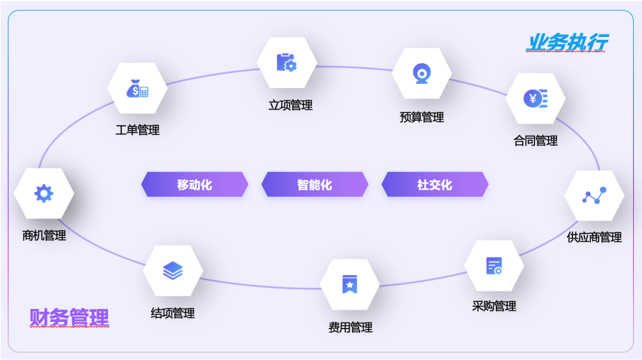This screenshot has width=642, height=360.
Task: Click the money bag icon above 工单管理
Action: (x=137, y=89)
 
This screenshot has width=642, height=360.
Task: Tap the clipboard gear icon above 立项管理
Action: (x=287, y=62)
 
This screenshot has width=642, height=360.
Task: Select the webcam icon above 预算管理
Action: (x=422, y=73)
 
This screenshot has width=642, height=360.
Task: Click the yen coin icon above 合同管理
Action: (x=535, y=99)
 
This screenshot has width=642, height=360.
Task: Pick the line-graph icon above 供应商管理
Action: (x=594, y=195)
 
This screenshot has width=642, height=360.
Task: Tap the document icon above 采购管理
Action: (x=494, y=266)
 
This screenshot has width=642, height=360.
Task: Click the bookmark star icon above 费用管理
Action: (x=350, y=285)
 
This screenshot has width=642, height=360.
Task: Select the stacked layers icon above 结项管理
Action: (x=173, y=271)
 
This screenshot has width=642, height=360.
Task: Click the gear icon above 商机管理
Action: (x=44, y=194)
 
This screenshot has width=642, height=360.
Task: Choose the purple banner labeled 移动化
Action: (x=194, y=185)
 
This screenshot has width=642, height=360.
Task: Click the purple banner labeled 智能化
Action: (x=314, y=185)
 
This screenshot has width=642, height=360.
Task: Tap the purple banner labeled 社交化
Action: (x=435, y=185)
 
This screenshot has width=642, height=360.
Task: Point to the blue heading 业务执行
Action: (x=567, y=43)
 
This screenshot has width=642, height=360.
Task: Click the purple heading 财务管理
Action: (x=69, y=318)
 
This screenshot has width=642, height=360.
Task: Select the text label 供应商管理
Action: (x=594, y=238)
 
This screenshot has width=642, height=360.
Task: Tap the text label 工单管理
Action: (x=137, y=130)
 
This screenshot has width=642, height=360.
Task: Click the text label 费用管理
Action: (x=350, y=327)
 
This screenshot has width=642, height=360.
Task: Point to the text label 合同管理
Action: (x=536, y=141)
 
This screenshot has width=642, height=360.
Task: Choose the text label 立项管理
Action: (x=290, y=105)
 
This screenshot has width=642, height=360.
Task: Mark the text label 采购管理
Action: (x=494, y=307)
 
